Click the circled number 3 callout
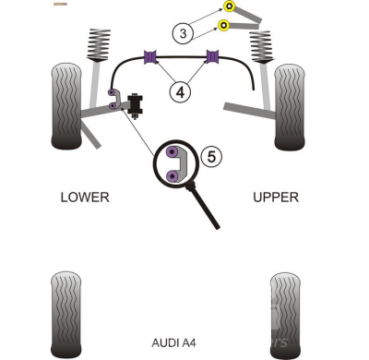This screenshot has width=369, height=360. [x=183, y=33]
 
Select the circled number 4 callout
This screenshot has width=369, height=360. [x=180, y=91]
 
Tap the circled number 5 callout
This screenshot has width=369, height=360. [x=211, y=157]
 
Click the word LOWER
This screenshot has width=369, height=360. [x=85, y=197]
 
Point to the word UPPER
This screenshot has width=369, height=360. [x=276, y=197]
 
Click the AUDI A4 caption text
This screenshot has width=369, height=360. [x=173, y=342]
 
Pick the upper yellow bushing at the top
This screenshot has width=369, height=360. [x=230, y=6]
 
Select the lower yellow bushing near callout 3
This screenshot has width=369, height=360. [x=224, y=25]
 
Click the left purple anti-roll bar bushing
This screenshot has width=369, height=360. [x=150, y=57]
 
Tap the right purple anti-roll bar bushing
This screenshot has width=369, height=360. [x=212, y=57]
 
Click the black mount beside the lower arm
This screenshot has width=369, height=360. [x=136, y=104]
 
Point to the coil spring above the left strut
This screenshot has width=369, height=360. [x=99, y=45]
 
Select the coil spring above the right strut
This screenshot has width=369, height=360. [x=261, y=46]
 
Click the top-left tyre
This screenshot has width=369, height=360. [x=66, y=106]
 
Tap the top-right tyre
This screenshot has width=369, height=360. [x=290, y=107]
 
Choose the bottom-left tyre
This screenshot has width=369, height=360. [x=66, y=315]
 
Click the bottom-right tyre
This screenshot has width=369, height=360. [x=286, y=316]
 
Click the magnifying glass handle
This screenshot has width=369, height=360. [x=205, y=206]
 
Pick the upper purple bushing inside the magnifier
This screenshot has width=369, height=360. [x=172, y=152]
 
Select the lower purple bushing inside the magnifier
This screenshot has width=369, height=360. [x=173, y=176]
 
